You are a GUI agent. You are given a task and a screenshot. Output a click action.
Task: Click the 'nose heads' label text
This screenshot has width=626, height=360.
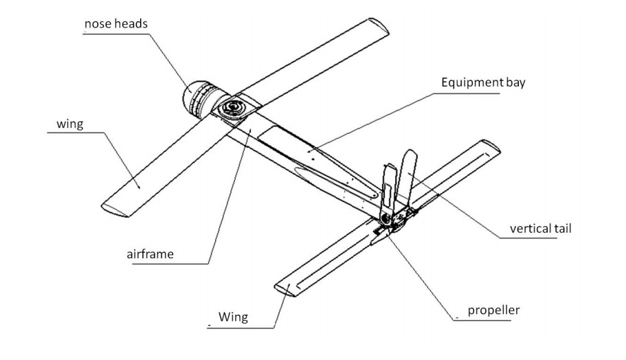(116, 24)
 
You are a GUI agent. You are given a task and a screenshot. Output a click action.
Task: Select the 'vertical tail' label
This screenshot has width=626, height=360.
(540, 228)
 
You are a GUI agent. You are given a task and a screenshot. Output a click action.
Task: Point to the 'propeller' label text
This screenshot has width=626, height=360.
(493, 310)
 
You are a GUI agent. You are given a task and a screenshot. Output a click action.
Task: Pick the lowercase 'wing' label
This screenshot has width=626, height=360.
(70, 124)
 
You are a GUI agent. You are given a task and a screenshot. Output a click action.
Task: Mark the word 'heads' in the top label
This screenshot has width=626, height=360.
(132, 24)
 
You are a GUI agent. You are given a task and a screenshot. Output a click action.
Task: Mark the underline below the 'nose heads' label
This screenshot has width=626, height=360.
(113, 34)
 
